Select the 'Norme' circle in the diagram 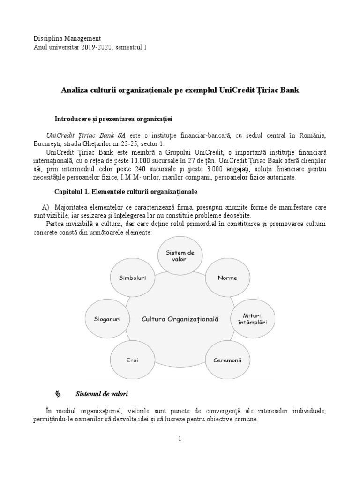227,277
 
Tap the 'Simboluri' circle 133,277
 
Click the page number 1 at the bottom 180,439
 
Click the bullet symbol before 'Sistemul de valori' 58,393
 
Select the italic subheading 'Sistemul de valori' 102,393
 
